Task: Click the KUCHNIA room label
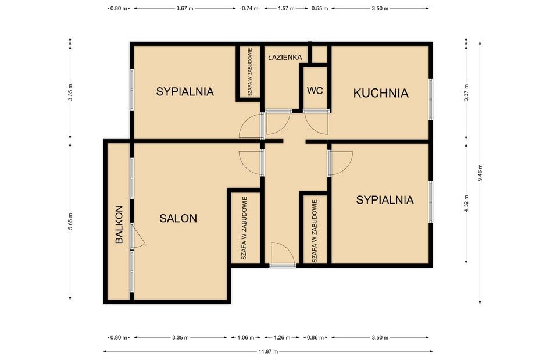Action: [381, 93]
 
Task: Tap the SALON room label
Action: [178, 218]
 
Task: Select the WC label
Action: [315, 90]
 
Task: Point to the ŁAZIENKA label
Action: [285, 57]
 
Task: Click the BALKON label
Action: [119, 224]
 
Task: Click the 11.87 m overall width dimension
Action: [268, 351]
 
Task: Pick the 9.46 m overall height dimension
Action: [480, 172]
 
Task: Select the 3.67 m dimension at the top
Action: [184, 8]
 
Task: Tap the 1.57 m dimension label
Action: [286, 8]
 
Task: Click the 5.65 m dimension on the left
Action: [70, 221]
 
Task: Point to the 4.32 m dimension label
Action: [466, 204]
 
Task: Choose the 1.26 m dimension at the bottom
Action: [282, 337]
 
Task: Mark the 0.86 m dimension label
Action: [315, 337]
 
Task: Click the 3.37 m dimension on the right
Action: [466, 92]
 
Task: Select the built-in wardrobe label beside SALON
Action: [244, 229]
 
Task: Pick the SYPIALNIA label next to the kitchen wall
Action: [385, 200]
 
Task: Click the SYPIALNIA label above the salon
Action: [185, 92]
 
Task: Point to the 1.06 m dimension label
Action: [245, 337]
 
